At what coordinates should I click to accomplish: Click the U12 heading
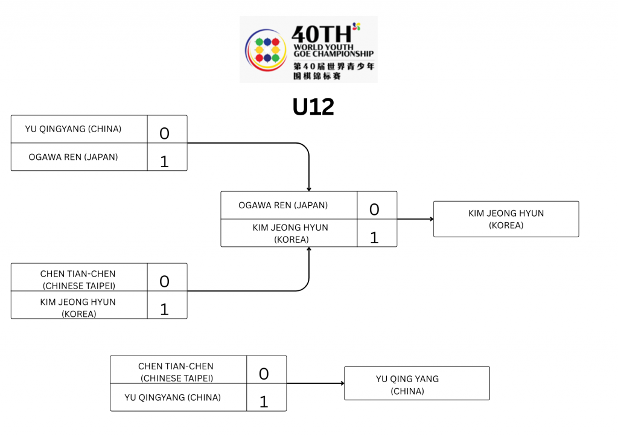coord(313,107)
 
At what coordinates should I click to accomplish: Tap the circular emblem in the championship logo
coord(266,49)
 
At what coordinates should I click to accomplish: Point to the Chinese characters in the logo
coord(333,71)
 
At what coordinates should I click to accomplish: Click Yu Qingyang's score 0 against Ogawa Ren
coord(165,133)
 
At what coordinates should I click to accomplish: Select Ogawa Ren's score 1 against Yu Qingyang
coord(165,161)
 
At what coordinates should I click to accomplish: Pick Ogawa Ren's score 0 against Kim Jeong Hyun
coord(374,209)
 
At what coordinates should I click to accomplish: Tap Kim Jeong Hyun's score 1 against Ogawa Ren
coord(374,237)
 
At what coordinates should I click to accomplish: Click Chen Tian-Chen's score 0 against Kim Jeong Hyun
coord(165,281)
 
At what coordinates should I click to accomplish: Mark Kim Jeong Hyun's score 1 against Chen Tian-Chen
coord(165,309)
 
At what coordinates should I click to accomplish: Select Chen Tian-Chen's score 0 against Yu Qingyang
coord(264,374)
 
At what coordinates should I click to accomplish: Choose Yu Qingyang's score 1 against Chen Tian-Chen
coord(264,401)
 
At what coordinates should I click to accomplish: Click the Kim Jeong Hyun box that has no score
coord(506,219)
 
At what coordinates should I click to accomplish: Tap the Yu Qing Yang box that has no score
coord(416,384)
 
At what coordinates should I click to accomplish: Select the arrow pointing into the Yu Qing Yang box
coord(315,383)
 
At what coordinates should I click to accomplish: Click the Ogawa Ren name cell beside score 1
coord(74,157)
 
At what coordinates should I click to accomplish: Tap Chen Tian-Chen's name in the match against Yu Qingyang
coord(176,372)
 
